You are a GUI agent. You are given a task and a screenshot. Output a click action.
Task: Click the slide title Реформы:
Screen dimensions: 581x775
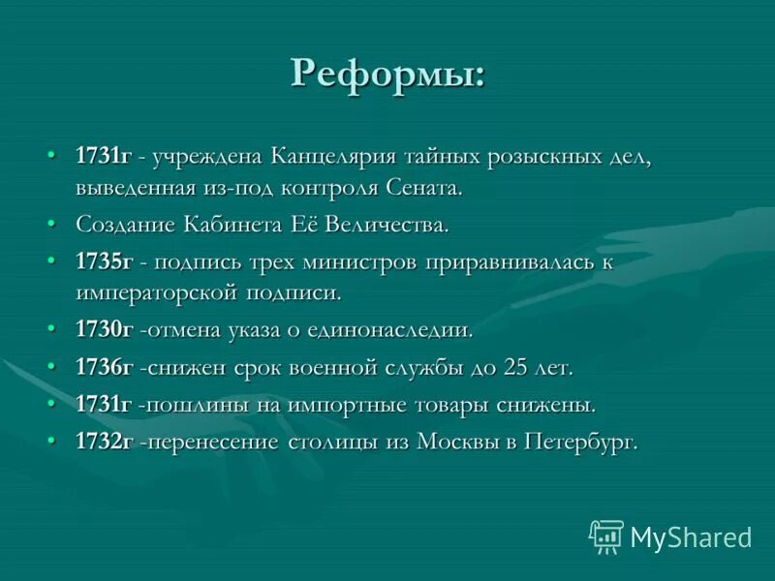pyautogui.click(x=387, y=74)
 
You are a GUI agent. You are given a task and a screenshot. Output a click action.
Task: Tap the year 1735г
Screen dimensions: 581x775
pyautogui.click(x=104, y=261)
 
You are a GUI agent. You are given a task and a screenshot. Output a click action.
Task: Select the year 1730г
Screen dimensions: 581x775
pyautogui.click(x=104, y=330)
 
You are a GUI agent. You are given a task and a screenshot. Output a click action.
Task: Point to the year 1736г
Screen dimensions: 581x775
pyautogui.click(x=104, y=367)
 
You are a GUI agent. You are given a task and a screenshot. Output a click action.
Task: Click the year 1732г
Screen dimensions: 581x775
pyautogui.click(x=104, y=442)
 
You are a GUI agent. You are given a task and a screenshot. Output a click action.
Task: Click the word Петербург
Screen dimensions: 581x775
pyautogui.click(x=580, y=442)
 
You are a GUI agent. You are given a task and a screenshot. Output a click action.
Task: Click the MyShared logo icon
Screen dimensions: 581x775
pyautogui.click(x=605, y=535)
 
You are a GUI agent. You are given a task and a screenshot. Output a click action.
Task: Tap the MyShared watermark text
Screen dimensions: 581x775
pyautogui.click(x=691, y=536)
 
